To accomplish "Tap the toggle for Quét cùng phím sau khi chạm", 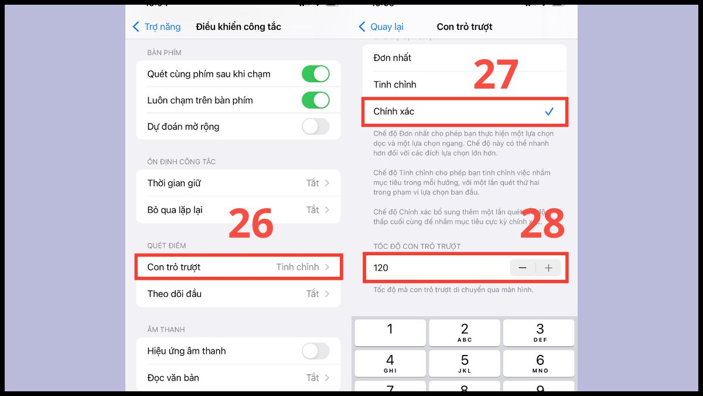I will coord(315,74).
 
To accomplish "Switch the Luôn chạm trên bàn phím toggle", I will coord(315,100).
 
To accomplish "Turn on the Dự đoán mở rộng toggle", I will coord(315,127).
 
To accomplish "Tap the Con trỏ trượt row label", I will coord(174,267).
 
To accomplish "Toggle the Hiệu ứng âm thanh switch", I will coord(315,351).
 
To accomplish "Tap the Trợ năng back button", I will coord(156,27).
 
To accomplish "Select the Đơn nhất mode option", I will coord(393,57).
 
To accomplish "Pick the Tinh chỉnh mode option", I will coord(395,84).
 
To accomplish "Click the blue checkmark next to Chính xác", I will coord(549,111).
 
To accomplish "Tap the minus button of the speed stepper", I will coord(523,268).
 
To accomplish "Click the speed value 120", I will coord(381,268).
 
